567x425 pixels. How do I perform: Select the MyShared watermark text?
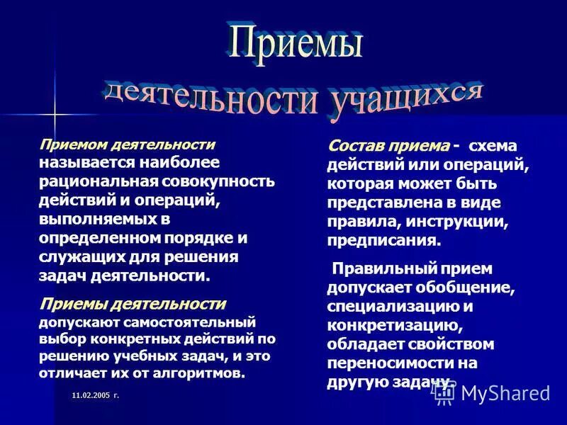pyautogui.click(x=505, y=393)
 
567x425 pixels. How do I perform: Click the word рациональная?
pyautogui.click(x=87, y=181)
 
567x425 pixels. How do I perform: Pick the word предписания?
pyautogui.click(x=383, y=240)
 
